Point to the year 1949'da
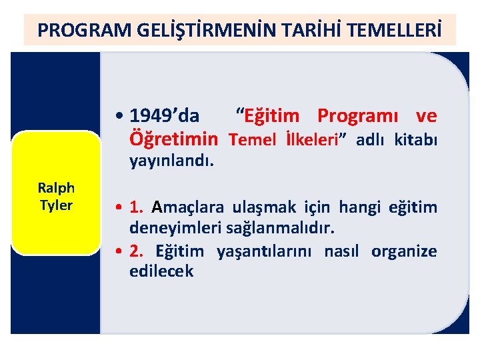click(x=165, y=116)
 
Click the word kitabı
click(x=415, y=140)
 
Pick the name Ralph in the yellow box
click(x=56, y=189)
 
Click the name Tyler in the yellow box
click(x=56, y=205)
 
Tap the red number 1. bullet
click(x=139, y=207)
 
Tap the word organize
click(x=404, y=251)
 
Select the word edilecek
click(x=161, y=271)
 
